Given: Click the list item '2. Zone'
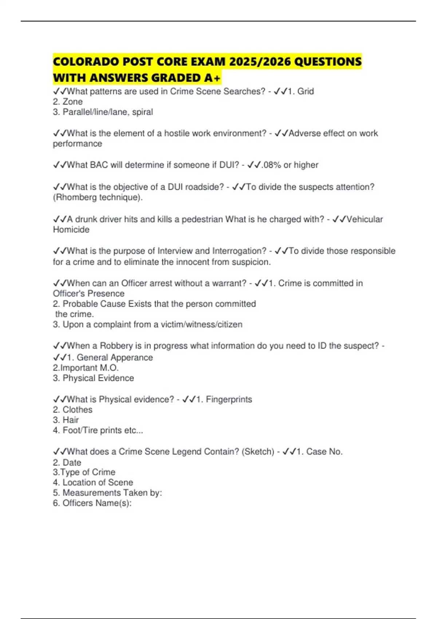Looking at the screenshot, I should [68, 102].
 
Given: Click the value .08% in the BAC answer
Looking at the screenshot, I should [271, 165].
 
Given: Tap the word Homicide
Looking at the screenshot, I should [71, 229].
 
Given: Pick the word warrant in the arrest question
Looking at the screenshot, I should [228, 283].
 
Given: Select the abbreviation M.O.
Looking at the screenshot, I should [109, 368].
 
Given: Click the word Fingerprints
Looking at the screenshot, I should [229, 399].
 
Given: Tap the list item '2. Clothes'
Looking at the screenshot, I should [72, 410].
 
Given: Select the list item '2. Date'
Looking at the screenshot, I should [67, 462].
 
